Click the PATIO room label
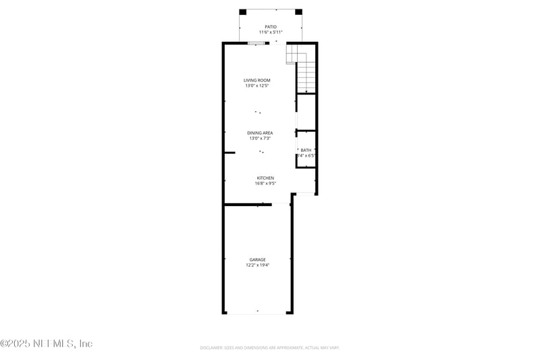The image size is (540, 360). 271,27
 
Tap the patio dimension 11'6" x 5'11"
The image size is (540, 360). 271,32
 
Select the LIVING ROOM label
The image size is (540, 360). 257,80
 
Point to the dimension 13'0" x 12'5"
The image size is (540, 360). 257,86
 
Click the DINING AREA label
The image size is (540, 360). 260,133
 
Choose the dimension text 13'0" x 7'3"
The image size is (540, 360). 260,138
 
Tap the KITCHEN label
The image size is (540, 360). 265,178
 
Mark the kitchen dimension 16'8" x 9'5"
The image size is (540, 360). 265,183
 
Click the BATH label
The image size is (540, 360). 306,150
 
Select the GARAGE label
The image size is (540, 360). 258,259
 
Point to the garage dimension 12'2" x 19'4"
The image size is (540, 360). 258,265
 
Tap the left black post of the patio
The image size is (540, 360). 244,11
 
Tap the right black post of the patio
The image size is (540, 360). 298,11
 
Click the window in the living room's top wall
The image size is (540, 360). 256,43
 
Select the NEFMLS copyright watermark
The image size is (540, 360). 47,344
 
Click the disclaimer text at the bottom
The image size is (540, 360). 269,348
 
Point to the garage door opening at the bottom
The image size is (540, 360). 257,313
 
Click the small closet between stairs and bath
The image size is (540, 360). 306,112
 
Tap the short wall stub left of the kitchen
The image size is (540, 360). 230,153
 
